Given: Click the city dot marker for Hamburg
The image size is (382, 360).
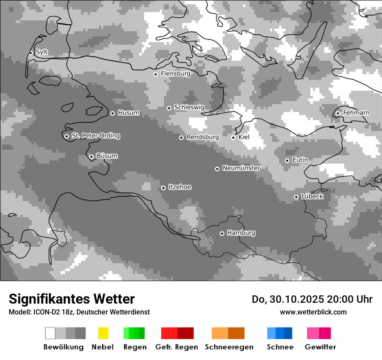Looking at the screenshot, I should [x=222, y=233].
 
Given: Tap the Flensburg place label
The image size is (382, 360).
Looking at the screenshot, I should [x=175, y=74].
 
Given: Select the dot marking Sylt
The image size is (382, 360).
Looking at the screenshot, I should [x=30, y=53].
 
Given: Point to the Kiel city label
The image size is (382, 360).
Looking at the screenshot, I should [x=244, y=137].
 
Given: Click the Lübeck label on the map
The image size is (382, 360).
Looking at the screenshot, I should [x=312, y=196].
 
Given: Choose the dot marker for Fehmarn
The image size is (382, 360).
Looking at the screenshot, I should [x=338, y=114].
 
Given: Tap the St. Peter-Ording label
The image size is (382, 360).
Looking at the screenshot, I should [x=95, y=136].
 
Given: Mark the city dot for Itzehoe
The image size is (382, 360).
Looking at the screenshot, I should [x=163, y=188].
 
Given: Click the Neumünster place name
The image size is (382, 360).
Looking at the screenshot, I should [x=241, y=168].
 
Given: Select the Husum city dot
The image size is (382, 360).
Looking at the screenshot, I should [x=112, y=113].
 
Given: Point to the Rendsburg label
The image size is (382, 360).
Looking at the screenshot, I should [x=202, y=137].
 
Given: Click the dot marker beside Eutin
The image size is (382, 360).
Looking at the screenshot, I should [x=287, y=160].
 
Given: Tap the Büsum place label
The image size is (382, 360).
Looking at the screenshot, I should [x=107, y=156].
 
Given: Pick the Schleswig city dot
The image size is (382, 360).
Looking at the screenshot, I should [x=169, y=108].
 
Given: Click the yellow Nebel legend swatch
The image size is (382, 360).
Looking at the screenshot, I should [x=103, y=333].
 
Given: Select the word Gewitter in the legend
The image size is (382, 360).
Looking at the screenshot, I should [x=320, y=347].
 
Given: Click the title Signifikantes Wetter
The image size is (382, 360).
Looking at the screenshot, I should [x=72, y=299].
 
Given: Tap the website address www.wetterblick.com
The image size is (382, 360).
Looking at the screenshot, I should [x=313, y=312].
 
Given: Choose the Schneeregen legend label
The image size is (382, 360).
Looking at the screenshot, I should [x=229, y=347].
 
